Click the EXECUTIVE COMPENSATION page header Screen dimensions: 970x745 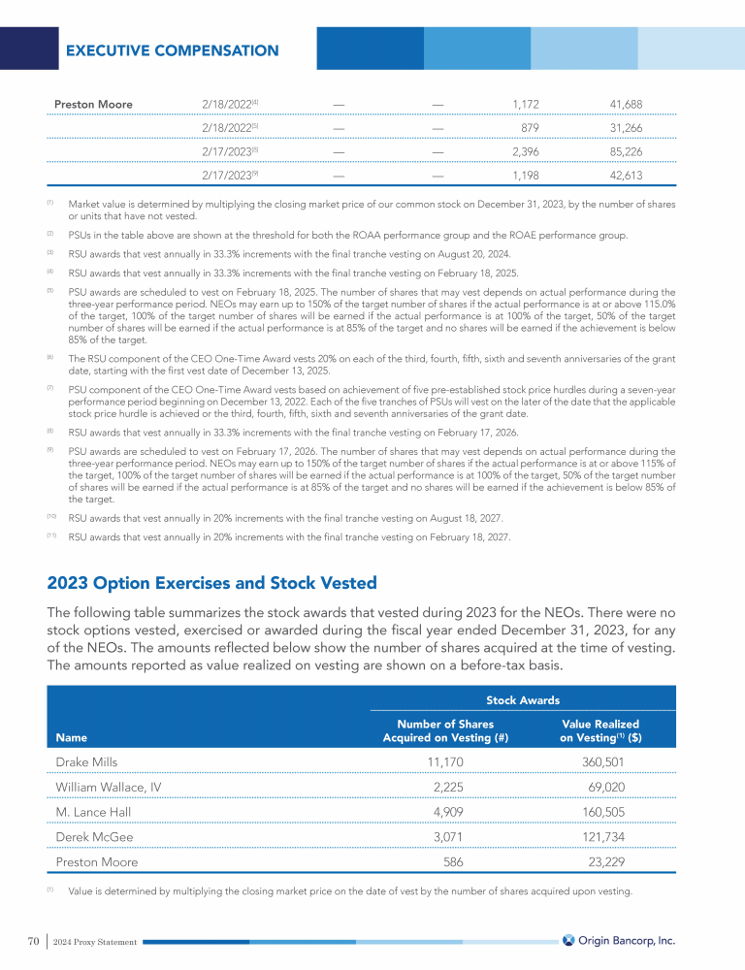pos(172,50)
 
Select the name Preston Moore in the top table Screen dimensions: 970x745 pos(93,104)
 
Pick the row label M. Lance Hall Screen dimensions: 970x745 pos(93,811)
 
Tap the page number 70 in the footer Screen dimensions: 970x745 pos(33,940)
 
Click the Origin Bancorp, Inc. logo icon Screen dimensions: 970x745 pos(569,939)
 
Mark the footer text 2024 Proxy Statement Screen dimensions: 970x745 pos(96,941)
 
